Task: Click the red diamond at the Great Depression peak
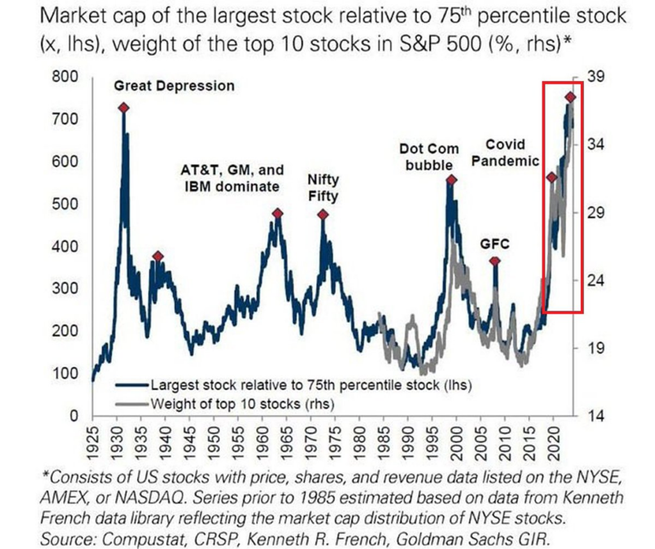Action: tap(123, 108)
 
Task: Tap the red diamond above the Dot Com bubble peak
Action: tap(451, 180)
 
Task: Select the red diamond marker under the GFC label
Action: tap(494, 261)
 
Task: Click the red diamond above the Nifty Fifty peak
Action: tap(323, 215)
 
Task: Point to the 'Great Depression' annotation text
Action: tap(174, 86)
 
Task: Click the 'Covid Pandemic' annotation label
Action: tap(505, 153)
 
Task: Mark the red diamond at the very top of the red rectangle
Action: tap(571, 97)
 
